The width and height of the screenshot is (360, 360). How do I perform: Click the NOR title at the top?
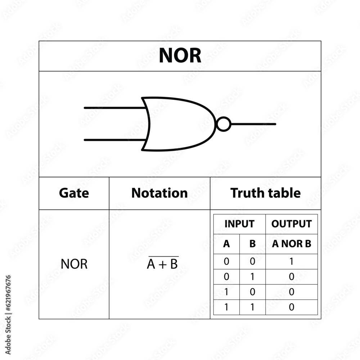(x=180, y=56)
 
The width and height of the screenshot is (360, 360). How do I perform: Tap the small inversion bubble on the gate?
(x=224, y=124)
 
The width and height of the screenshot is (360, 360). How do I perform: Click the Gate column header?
(x=74, y=193)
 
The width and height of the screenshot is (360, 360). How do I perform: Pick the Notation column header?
(x=159, y=193)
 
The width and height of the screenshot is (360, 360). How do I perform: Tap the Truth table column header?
(x=265, y=193)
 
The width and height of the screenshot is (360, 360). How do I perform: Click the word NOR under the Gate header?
(x=74, y=264)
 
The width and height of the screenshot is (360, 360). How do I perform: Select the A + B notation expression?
(x=162, y=264)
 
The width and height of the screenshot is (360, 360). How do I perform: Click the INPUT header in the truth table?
(x=239, y=224)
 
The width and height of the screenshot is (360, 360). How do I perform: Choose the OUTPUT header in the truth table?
(x=292, y=224)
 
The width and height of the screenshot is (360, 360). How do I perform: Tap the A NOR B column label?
(x=292, y=244)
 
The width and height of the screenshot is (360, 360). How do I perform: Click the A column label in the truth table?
(x=226, y=244)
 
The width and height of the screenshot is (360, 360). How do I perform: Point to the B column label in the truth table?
(x=252, y=244)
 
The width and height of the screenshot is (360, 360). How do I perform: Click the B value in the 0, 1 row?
(x=252, y=277)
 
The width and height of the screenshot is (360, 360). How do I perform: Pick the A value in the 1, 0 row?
(x=226, y=292)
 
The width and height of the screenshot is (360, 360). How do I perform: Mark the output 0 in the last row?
(x=292, y=307)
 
